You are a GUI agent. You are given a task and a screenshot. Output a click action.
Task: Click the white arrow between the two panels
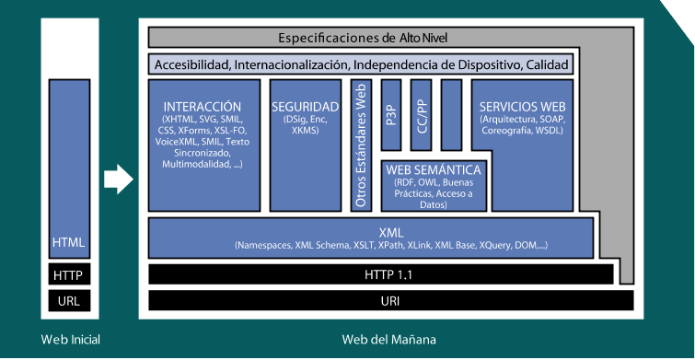pyautogui.click(x=119, y=180)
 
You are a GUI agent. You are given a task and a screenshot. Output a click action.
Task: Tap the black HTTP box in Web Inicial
pyautogui.click(x=69, y=275)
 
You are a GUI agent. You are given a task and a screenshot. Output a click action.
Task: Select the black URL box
pyautogui.click(x=69, y=301)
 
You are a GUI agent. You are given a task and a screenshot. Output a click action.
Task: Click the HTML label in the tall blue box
pyautogui.click(x=68, y=242)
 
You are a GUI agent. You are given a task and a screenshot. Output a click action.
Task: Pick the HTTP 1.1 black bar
pyautogui.click(x=381, y=275)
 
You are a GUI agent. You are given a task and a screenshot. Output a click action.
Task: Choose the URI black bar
pyautogui.click(x=390, y=301)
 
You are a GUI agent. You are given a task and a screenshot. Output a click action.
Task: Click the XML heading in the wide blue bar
pyautogui.click(x=391, y=233)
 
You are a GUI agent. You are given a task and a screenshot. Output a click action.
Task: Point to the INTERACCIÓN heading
pyautogui.click(x=203, y=107)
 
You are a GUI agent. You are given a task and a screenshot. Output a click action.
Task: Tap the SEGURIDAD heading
pyautogui.click(x=306, y=107)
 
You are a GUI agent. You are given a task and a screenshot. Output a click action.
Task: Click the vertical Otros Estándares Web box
pyautogui.click(x=361, y=145)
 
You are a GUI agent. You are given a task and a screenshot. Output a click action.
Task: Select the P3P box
pyautogui.click(x=391, y=115)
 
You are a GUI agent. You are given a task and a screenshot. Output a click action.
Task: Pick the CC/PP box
pyautogui.click(x=421, y=115)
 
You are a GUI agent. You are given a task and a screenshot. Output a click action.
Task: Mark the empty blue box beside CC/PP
pyautogui.click(x=451, y=115)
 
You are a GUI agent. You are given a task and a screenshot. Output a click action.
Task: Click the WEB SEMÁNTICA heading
pyautogui.click(x=433, y=169)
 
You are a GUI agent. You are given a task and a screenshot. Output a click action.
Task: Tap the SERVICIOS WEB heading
pyautogui.click(x=522, y=107)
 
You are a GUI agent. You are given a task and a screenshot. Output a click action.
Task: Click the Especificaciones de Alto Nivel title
pyautogui.click(x=363, y=38)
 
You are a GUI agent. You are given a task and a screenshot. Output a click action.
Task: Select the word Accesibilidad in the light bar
pyautogui.click(x=192, y=65)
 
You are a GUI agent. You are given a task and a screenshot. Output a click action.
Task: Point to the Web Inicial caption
pyautogui.click(x=71, y=340)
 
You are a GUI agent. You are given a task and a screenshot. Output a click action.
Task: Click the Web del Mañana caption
pyautogui.click(x=388, y=340)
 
